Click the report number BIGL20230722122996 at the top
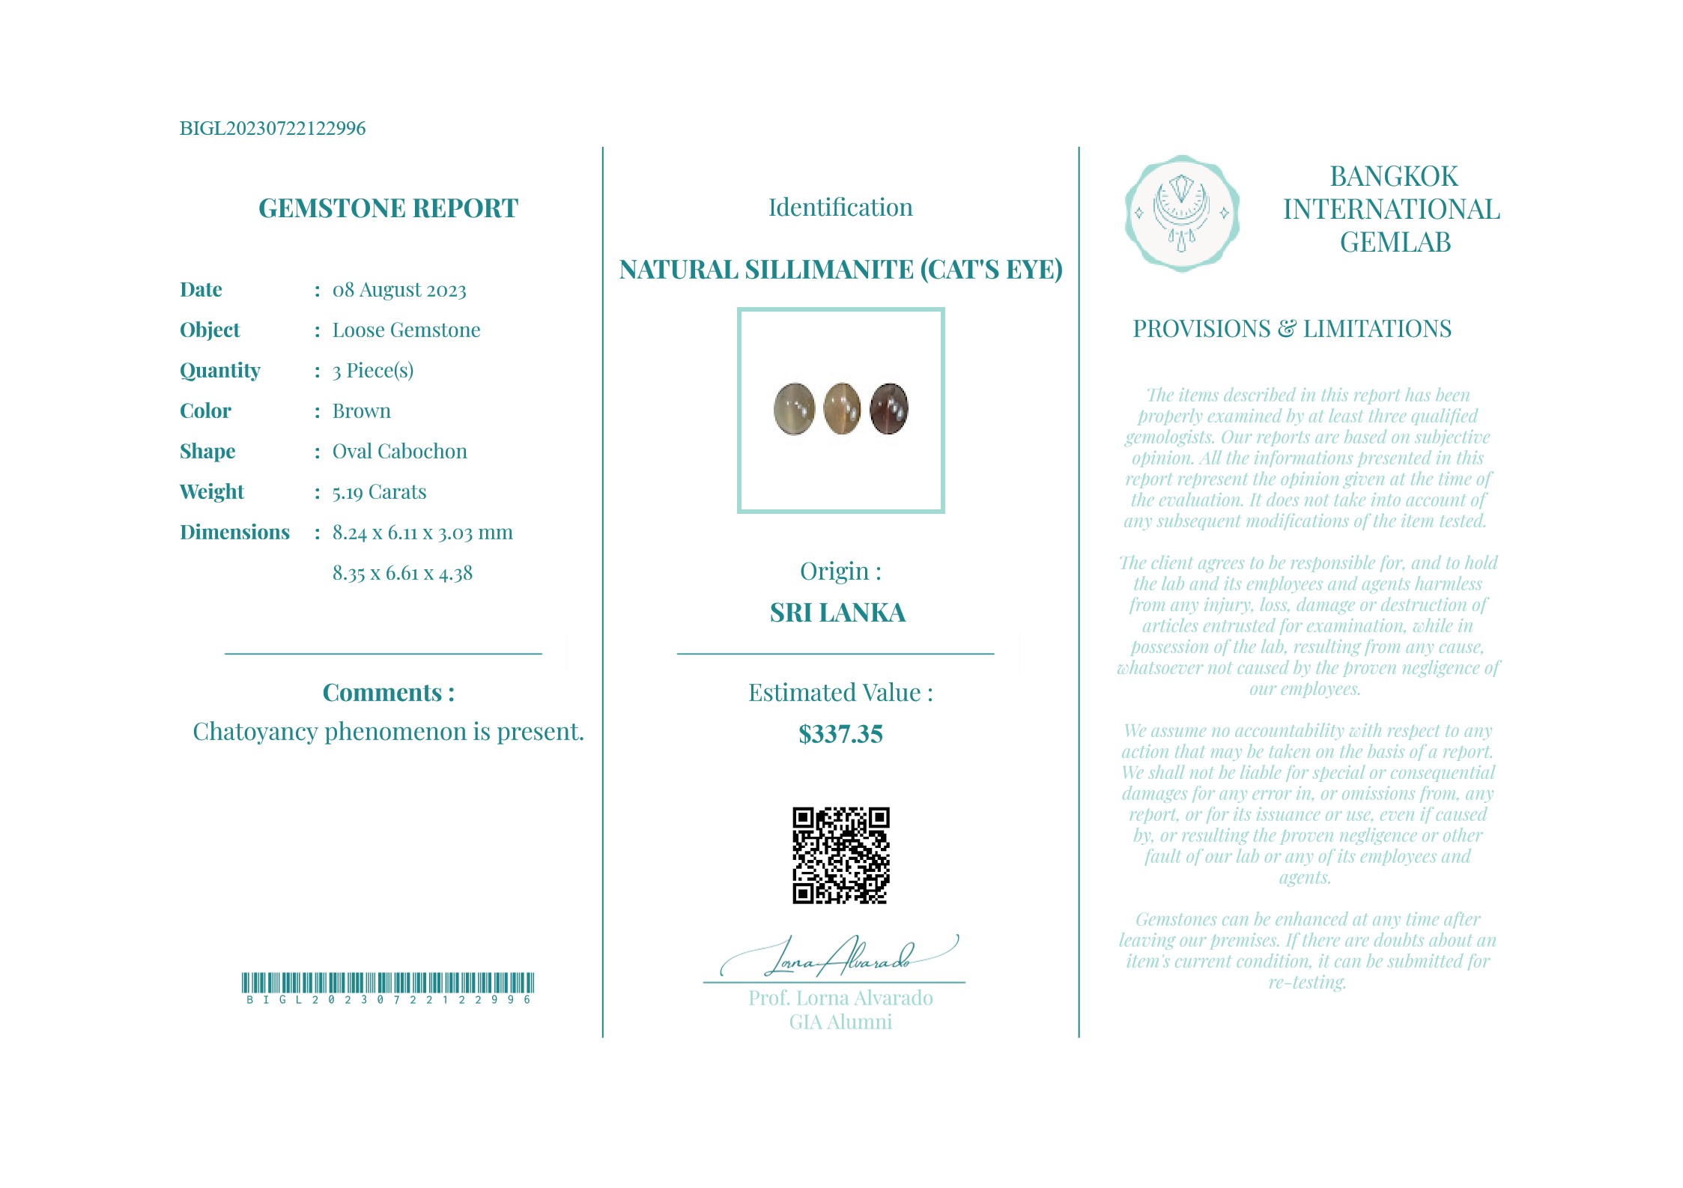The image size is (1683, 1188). pyautogui.click(x=273, y=128)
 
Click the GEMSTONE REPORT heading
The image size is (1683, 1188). pyautogui.click(x=388, y=208)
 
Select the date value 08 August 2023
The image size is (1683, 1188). pyautogui.click(x=399, y=290)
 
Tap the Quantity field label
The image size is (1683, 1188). pyautogui.click(x=220, y=371)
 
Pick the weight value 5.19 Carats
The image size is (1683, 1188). pyautogui.click(x=379, y=492)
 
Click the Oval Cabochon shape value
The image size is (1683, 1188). pyautogui.click(x=399, y=452)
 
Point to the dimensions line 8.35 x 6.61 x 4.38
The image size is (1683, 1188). pyautogui.click(x=402, y=574)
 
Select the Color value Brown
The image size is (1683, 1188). pyautogui.click(x=361, y=411)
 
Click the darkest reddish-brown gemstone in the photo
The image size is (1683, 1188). pyautogui.click(x=889, y=409)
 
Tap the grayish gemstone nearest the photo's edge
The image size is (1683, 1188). pyautogui.click(x=794, y=409)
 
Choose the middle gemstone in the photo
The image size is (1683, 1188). pyautogui.click(x=842, y=409)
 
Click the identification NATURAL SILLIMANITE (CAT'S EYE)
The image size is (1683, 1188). pyautogui.click(x=840, y=270)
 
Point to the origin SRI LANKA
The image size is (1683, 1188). pyautogui.click(x=837, y=613)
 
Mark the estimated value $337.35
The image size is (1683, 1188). pyautogui.click(x=840, y=734)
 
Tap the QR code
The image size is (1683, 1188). pyautogui.click(x=840, y=855)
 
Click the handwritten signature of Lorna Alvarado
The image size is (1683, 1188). pyautogui.click(x=839, y=957)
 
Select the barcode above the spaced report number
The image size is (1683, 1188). pyautogui.click(x=388, y=983)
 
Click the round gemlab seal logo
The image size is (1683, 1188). pyautogui.click(x=1182, y=213)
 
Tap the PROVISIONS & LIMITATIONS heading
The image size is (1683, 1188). pyautogui.click(x=1291, y=329)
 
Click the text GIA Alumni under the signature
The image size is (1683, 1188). pyautogui.click(x=840, y=1022)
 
